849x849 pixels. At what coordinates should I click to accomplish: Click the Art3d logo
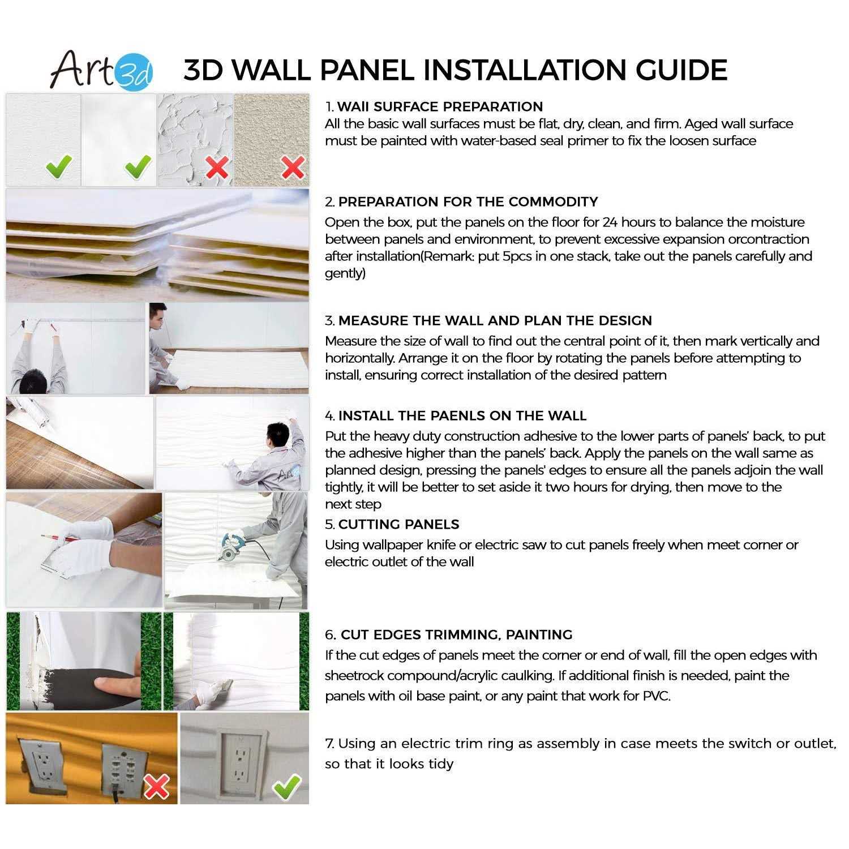(102, 70)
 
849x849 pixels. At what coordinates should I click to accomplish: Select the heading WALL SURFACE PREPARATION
(440, 106)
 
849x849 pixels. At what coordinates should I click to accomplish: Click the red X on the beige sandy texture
(293, 168)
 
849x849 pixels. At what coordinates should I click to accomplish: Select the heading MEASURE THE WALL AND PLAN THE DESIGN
(495, 320)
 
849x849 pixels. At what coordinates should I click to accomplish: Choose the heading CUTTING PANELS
(398, 524)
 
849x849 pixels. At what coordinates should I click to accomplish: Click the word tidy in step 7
(441, 764)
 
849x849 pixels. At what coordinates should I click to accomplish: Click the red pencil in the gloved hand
(57, 538)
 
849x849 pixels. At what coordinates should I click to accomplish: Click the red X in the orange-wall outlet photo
(157, 786)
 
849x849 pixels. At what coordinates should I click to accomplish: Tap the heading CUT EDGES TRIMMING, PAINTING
(456, 634)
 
